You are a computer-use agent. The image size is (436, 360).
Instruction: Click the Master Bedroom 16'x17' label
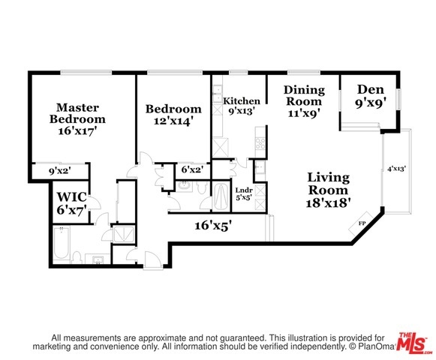click(x=77, y=119)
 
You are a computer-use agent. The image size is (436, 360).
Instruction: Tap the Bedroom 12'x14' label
click(x=173, y=115)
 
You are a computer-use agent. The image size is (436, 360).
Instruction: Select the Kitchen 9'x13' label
click(x=242, y=106)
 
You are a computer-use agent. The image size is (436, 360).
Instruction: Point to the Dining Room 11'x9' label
click(x=304, y=101)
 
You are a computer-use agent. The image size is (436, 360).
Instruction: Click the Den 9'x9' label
click(x=371, y=96)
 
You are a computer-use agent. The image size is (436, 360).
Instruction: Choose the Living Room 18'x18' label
click(x=328, y=190)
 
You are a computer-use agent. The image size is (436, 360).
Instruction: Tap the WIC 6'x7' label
click(x=72, y=203)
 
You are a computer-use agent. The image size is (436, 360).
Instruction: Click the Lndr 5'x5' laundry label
click(x=244, y=194)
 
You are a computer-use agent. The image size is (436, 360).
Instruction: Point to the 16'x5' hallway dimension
click(x=213, y=225)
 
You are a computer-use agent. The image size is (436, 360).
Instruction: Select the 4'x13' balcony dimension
click(x=397, y=169)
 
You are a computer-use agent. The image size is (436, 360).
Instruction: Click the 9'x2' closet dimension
click(x=60, y=171)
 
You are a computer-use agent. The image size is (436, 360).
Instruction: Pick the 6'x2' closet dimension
click(x=192, y=169)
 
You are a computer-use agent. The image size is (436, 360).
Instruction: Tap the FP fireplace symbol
click(x=361, y=223)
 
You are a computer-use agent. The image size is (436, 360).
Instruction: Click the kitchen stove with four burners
click(x=260, y=143)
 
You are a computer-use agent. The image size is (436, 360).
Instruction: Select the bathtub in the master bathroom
click(x=61, y=243)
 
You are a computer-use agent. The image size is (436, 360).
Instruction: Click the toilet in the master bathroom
click(x=77, y=257)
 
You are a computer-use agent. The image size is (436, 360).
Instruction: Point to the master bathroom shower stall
click(x=124, y=233)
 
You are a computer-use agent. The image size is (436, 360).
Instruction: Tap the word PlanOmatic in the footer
click(x=377, y=346)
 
